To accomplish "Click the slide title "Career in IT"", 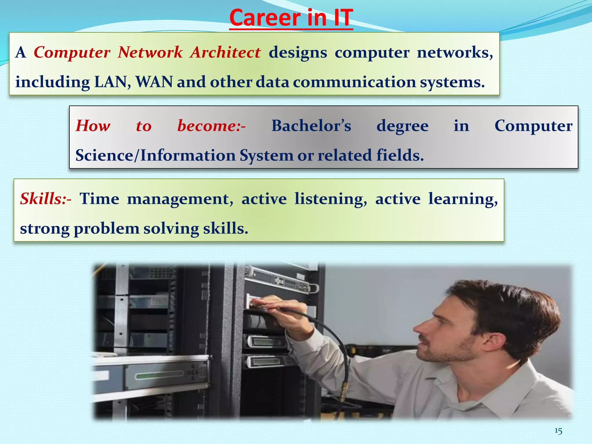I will pos(291,18).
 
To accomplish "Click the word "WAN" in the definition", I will pos(154,82).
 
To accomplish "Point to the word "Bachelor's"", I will pos(311,126).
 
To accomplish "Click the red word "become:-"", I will pos(211,126).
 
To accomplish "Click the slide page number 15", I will pos(558,431).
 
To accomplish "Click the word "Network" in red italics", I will pos(150,53).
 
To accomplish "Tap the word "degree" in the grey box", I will pos(402,126).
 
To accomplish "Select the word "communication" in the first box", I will pos(354,82).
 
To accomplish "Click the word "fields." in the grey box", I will pos(400,156).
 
